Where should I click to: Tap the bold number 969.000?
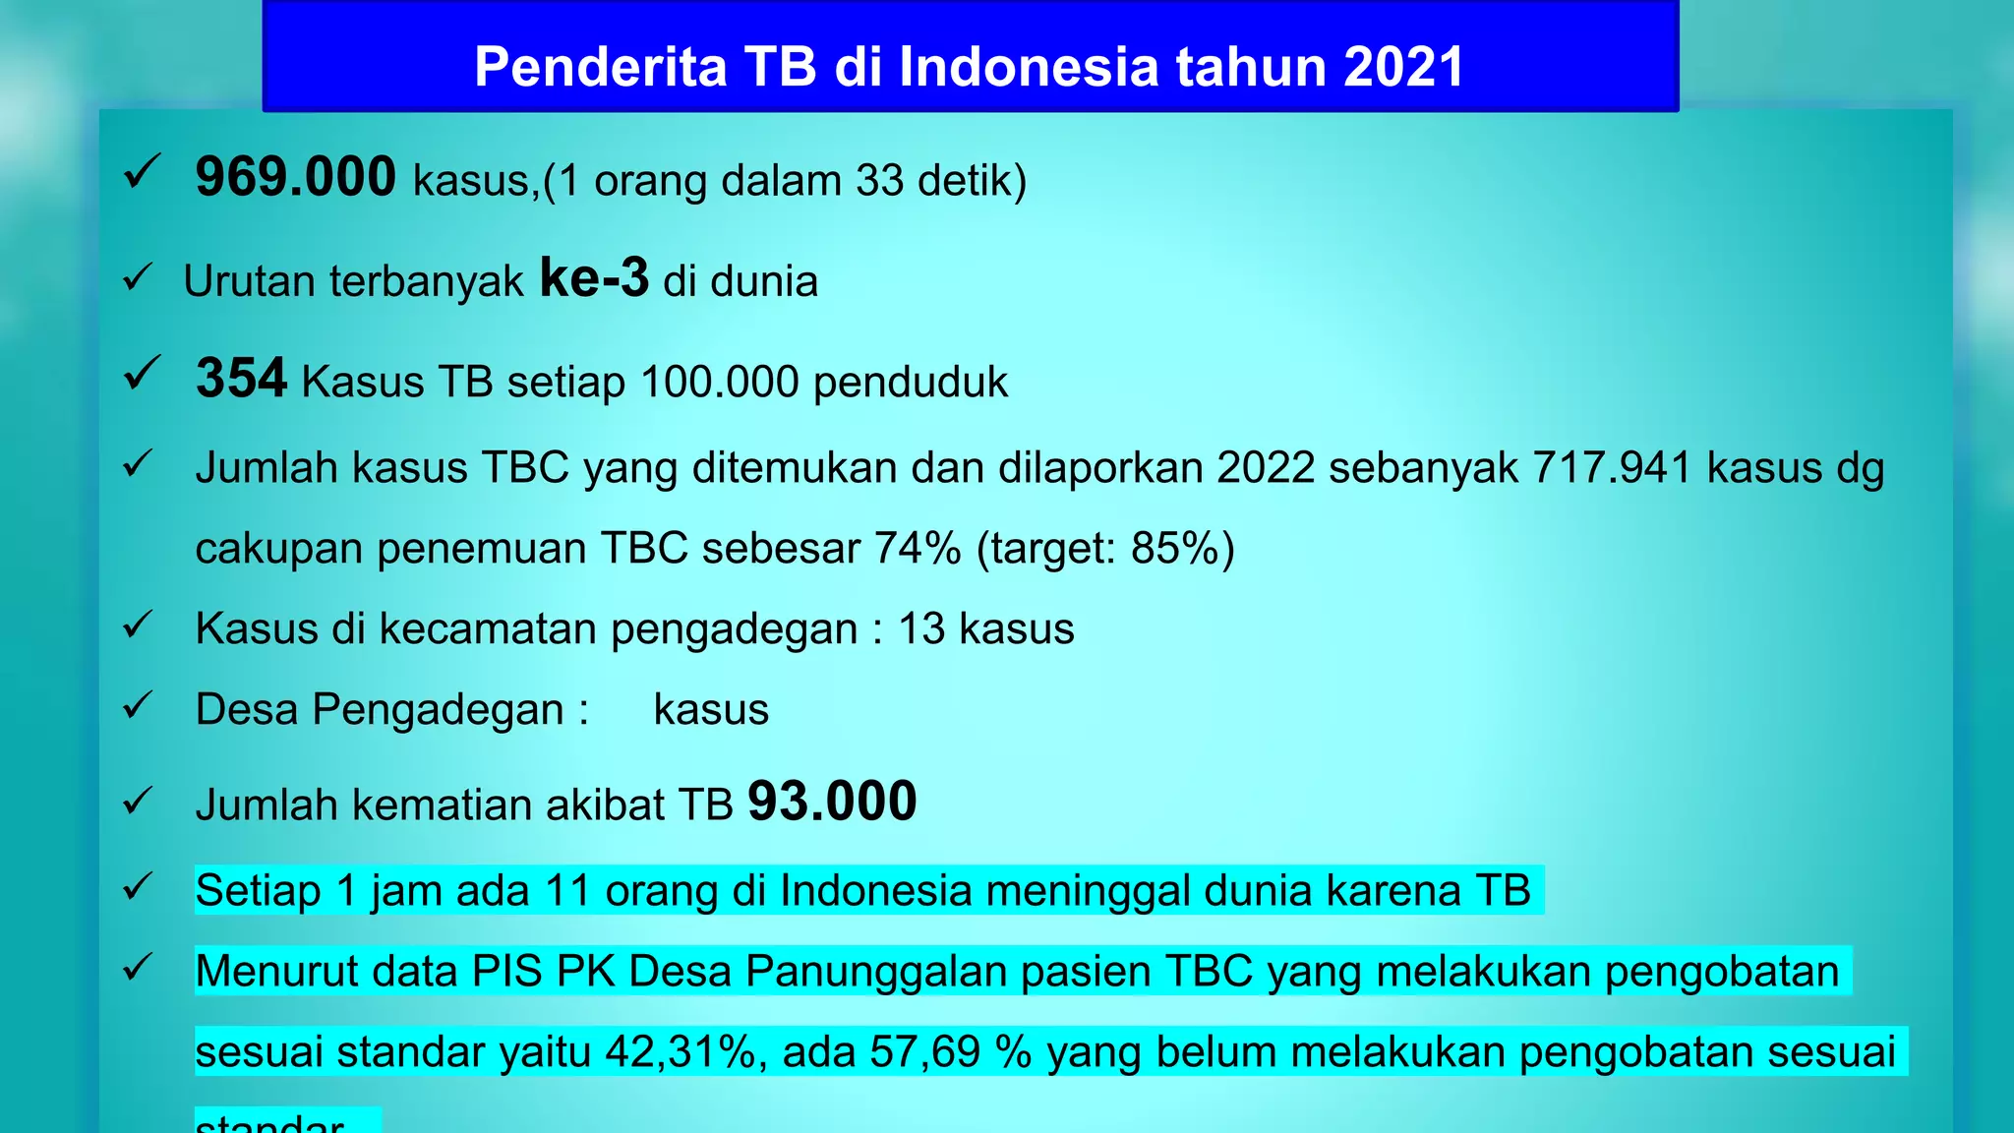click(295, 177)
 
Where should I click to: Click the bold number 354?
click(241, 378)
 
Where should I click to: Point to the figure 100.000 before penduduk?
click(720, 382)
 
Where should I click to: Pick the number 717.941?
click(1612, 468)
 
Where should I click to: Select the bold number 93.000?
click(832, 801)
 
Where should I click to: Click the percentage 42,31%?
click(680, 1051)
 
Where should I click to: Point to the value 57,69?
click(925, 1051)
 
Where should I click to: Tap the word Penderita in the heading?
click(601, 67)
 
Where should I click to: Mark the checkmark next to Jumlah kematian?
click(138, 801)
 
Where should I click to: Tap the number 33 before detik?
click(879, 181)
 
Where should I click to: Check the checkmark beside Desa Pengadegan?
click(138, 706)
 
